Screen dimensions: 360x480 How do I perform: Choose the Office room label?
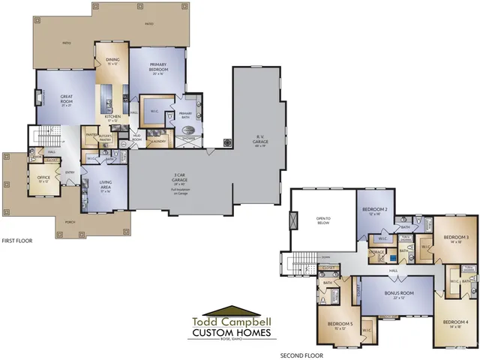pos(43,179)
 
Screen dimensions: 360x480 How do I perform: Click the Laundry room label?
pos(158,140)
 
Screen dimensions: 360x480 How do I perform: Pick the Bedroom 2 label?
pos(375,210)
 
